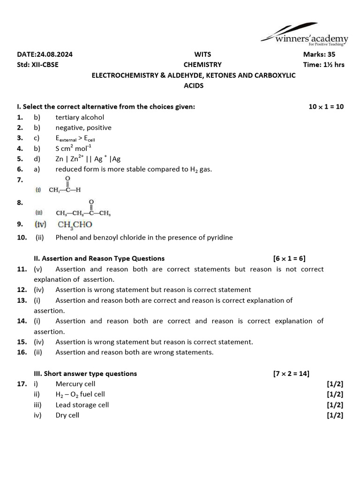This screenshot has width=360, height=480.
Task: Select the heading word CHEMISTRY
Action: [202, 65]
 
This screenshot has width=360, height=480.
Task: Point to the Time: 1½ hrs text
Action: [323, 65]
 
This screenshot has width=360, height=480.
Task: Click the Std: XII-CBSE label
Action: [38, 65]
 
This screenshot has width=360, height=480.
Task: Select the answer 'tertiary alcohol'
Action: [80, 117]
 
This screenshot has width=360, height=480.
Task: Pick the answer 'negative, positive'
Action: [83, 127]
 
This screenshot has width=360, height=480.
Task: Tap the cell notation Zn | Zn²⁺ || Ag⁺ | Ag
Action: [88, 158]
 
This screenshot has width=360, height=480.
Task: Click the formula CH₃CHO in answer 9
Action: [75, 225]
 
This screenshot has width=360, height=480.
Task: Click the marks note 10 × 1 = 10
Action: [326, 107]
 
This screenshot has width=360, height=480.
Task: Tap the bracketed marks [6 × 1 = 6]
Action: [289, 258]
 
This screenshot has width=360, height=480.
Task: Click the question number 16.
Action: [22, 352]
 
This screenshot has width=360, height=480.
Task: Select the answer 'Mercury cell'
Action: [75, 384]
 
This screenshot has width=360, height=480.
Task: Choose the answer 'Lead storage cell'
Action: [82, 405]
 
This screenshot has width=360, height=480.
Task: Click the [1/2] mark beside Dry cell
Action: [335, 415]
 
